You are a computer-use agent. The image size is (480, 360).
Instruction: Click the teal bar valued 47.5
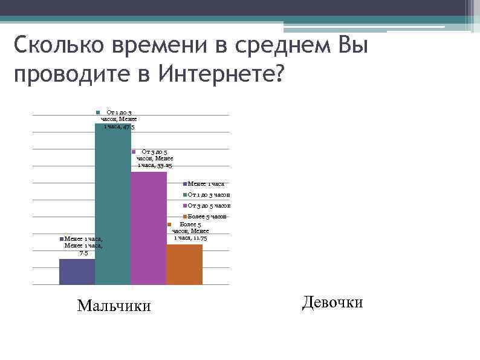113,206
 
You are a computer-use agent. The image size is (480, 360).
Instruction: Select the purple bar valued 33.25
149,227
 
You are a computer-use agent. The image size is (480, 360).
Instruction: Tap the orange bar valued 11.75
184,264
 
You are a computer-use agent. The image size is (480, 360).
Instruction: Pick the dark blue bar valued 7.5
77,272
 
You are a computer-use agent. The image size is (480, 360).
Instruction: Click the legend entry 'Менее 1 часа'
205,184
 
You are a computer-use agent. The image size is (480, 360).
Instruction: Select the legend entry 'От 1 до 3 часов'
207,195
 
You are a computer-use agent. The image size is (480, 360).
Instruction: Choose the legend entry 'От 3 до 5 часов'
207,206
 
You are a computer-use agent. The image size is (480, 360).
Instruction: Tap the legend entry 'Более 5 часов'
206,216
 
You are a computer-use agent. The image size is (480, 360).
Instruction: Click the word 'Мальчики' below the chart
114,306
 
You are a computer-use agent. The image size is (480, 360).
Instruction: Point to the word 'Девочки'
332,302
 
